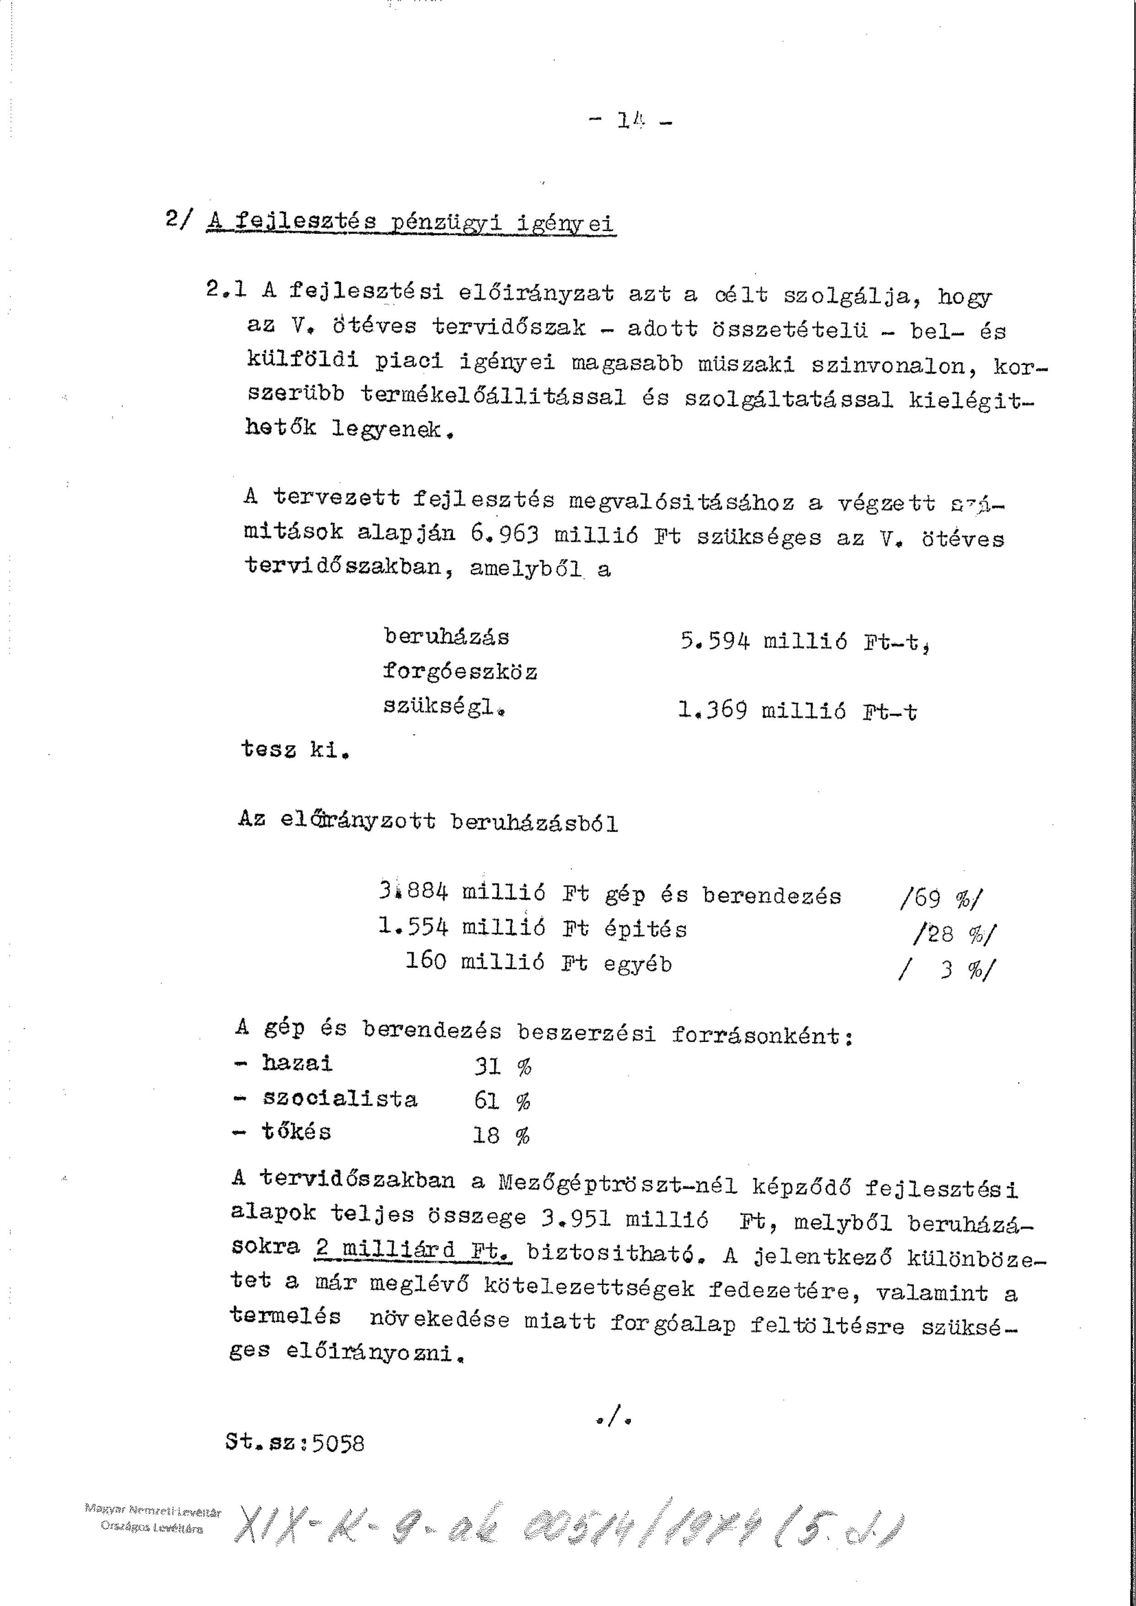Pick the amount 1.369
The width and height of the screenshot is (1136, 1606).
pos(712,711)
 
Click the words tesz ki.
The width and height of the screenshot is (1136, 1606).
pos(294,750)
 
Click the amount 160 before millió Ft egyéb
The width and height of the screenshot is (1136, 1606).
pos(425,960)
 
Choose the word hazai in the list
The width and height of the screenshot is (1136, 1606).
pos(298,1063)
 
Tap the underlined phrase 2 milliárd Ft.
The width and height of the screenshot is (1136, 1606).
pos(413,1250)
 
